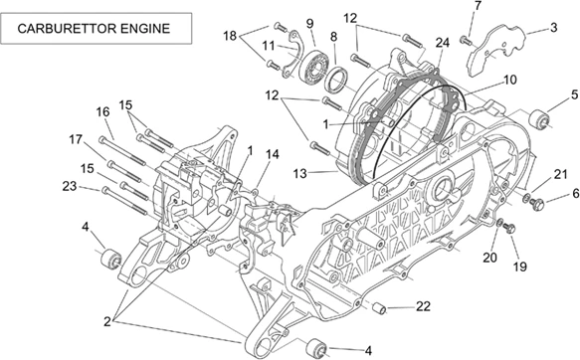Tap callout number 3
click(x=553, y=28)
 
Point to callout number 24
click(x=443, y=42)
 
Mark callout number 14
click(x=273, y=154)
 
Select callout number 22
click(x=423, y=305)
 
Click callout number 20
click(x=489, y=257)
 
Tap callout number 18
click(x=230, y=36)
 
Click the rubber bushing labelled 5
click(x=543, y=121)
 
